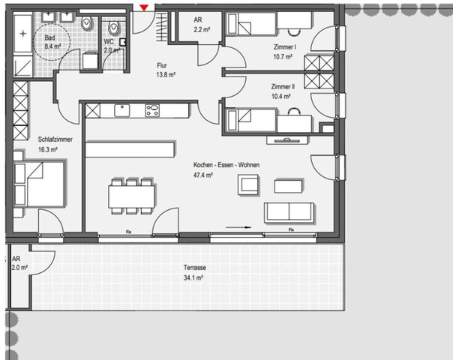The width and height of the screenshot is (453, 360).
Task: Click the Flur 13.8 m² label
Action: click(x=166, y=70)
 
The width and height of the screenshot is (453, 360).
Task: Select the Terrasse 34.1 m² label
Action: click(x=194, y=271)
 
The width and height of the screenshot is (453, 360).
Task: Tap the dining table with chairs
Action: click(x=132, y=196)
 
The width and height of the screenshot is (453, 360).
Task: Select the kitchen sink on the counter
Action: click(x=123, y=111)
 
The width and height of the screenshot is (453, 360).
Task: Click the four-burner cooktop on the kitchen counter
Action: click(x=152, y=111)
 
